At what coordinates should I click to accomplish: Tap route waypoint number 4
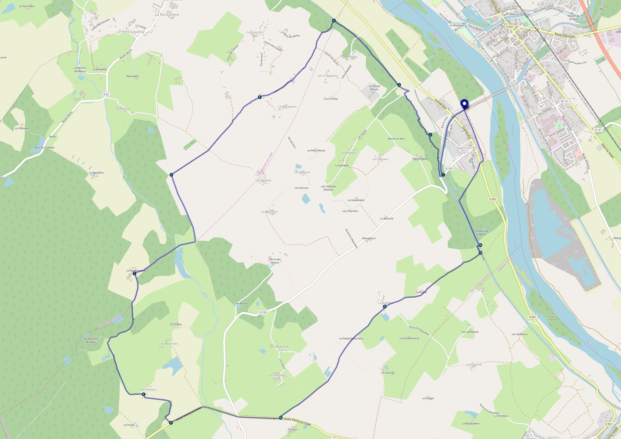[334, 21]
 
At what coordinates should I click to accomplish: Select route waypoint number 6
[171, 175]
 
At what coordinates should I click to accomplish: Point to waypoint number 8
[143, 394]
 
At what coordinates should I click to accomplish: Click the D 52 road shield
[106, 94]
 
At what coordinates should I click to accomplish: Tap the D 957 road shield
[510, 27]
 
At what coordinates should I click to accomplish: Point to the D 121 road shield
[598, 130]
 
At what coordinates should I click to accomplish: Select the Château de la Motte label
[481, 233]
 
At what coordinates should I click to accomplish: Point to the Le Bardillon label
[96, 173]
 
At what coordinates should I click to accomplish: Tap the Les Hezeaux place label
[148, 389]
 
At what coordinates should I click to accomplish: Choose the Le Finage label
[428, 398]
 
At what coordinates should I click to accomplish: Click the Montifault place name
[133, 76]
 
